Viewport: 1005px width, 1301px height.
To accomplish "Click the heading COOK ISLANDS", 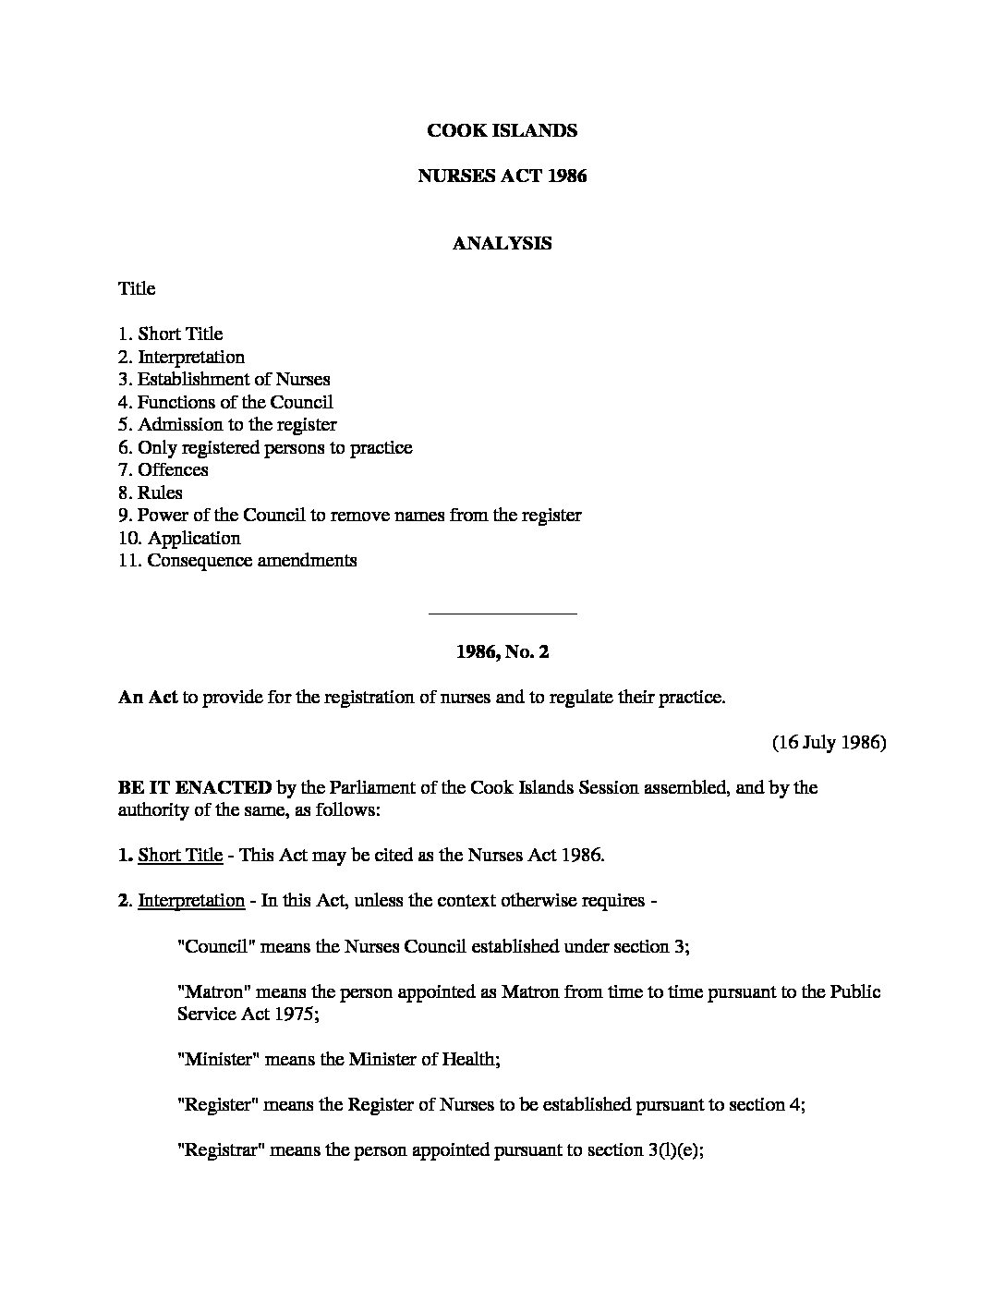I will point(502,130).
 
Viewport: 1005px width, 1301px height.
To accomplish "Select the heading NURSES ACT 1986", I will point(502,176).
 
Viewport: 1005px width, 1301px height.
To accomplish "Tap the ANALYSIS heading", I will point(502,243).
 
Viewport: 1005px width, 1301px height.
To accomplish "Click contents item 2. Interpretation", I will point(181,357).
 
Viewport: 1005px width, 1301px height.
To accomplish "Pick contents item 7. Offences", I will point(163,469).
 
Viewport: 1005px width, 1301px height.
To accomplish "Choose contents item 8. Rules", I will point(150,492).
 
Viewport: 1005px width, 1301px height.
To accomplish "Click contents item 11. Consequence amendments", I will point(236,560).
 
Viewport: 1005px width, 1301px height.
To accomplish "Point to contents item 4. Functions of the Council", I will point(224,402).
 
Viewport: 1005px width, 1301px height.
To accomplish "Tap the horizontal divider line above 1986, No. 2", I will point(502,613).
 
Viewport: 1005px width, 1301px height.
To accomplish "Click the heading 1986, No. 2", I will point(502,651).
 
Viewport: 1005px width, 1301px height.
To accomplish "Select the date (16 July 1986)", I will point(829,742).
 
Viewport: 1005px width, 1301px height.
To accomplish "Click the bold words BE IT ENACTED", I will point(194,787).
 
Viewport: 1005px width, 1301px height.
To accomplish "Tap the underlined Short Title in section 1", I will point(180,855).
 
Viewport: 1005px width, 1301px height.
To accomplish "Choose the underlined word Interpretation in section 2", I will point(191,900).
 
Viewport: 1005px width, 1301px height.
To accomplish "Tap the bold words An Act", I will point(147,697).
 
